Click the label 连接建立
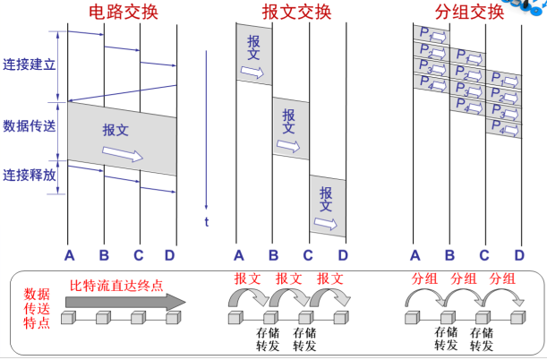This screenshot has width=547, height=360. click(x=29, y=65)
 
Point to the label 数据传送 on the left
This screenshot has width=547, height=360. click(x=29, y=125)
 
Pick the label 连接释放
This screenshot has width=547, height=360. click(x=29, y=175)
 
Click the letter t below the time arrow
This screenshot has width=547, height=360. click(x=206, y=221)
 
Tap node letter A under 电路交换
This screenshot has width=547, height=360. click(x=68, y=253)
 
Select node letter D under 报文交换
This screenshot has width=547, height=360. click(x=343, y=253)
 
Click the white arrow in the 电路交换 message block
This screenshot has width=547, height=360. click(x=122, y=155)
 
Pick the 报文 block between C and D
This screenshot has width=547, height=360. click(x=327, y=206)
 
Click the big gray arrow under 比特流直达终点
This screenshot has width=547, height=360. click(x=124, y=301)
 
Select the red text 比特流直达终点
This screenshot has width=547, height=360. click(x=116, y=286)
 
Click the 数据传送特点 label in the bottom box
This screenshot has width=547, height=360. click(x=37, y=307)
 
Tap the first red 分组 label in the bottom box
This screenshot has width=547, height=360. click(x=424, y=279)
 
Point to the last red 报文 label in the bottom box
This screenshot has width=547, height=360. click(x=329, y=279)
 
